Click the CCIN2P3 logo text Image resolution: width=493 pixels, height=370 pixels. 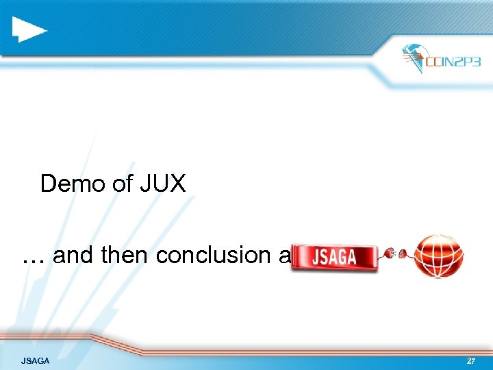pyautogui.click(x=453, y=61)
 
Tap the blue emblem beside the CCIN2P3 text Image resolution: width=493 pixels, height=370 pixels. pyautogui.click(x=414, y=58)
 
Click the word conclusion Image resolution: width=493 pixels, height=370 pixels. pyautogui.click(x=213, y=255)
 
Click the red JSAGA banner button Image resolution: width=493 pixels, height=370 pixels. pyautogui.click(x=334, y=257)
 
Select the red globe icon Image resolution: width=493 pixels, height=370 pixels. pyautogui.click(x=439, y=256)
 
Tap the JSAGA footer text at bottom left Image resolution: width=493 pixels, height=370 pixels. pyautogui.click(x=35, y=360)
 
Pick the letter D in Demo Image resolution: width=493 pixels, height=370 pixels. pyautogui.click(x=49, y=184)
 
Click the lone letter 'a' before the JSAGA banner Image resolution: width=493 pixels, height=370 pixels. pyautogui.click(x=284, y=256)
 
